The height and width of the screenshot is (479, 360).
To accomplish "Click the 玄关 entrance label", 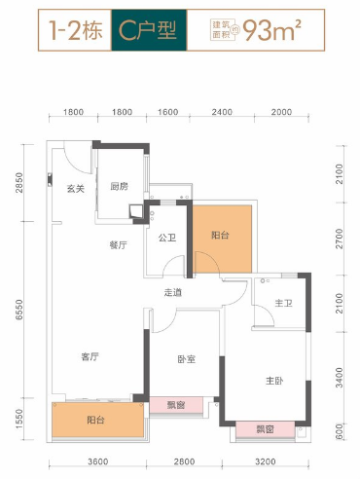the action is [x=76, y=189].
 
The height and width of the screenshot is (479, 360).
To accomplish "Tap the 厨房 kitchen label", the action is [x=119, y=186].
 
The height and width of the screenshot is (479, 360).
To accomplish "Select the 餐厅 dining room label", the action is [x=119, y=245].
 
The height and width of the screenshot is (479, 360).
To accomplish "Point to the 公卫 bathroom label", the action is [x=167, y=238].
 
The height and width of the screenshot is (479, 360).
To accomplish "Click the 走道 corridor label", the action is [x=173, y=293].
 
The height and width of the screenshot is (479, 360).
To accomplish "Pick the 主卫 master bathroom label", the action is [x=283, y=303].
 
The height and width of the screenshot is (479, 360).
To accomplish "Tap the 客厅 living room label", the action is [x=90, y=357].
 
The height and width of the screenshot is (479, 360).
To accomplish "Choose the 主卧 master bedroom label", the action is [x=274, y=381].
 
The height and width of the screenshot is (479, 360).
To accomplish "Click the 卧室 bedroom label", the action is [x=187, y=359].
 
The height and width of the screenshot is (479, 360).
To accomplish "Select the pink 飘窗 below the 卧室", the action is [x=176, y=405].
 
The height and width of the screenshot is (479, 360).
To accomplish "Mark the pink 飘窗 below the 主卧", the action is [x=266, y=429].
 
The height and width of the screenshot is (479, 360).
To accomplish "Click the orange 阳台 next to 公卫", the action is [x=222, y=239].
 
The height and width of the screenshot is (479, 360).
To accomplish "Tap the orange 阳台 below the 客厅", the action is [x=98, y=420].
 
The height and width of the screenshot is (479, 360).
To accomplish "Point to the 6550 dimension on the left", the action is [x=19, y=310].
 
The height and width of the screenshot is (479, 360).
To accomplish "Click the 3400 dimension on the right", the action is [x=340, y=378].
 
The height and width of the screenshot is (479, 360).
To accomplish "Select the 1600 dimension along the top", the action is [x=168, y=112].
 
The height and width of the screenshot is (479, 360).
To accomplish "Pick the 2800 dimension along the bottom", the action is [x=184, y=461].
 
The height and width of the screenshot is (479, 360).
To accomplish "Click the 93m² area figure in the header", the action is [x=271, y=30].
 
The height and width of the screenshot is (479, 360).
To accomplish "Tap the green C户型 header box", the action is [x=149, y=30].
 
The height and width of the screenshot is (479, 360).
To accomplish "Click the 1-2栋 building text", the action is [x=76, y=30].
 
